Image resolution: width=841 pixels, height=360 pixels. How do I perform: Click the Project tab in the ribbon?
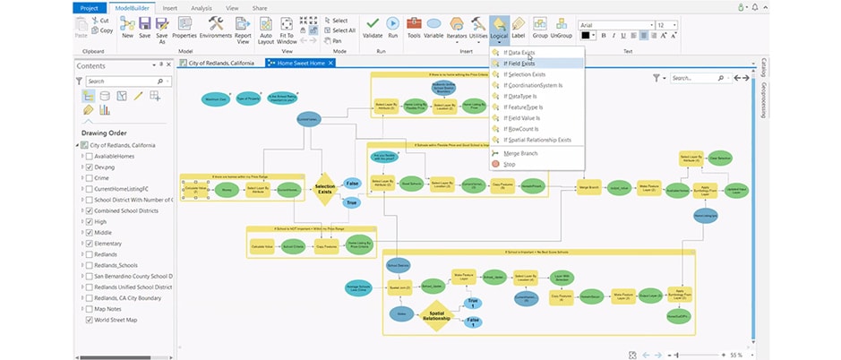[89, 7]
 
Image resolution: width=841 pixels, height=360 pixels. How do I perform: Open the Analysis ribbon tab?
[202, 7]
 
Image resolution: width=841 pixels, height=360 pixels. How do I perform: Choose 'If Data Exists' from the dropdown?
[519, 53]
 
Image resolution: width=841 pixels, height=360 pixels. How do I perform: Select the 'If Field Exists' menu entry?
[519, 64]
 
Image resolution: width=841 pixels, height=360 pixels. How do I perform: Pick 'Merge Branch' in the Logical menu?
[520, 153]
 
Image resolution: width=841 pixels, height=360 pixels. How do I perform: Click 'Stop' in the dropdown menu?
[510, 164]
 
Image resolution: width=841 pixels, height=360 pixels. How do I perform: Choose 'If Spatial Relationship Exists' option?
[537, 140]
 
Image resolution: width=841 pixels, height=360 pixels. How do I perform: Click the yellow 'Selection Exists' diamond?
[324, 189]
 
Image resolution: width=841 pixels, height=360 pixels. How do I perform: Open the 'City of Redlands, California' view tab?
[214, 63]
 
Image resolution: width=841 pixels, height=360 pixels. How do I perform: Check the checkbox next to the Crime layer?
[89, 178]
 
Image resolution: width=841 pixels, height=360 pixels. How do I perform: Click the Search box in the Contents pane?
[122, 81]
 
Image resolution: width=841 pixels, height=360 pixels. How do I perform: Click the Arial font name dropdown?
[614, 24]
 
